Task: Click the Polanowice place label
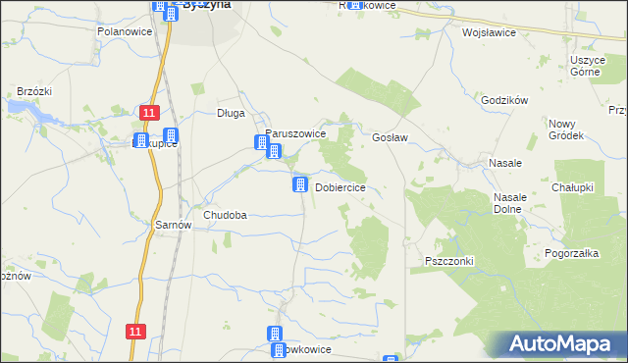123,31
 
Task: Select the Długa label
231,113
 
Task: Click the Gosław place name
391,138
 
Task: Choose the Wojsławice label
489,31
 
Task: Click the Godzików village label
505,101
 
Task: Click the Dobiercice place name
340,187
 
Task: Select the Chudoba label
225,215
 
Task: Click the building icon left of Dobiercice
299,184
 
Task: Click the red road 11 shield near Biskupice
148,114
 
